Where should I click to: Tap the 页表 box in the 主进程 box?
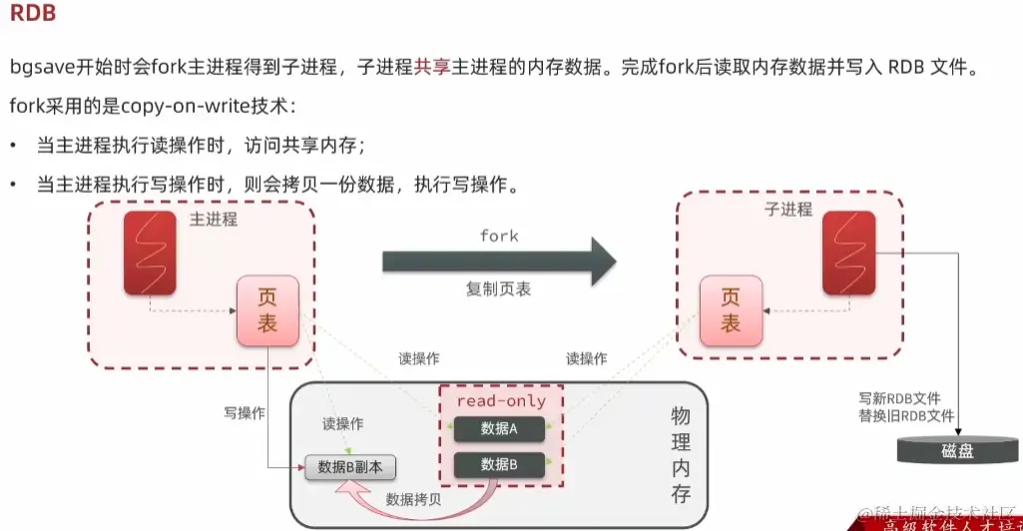[x=267, y=309]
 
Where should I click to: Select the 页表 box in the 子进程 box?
[x=731, y=309]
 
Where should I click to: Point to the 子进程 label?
[x=788, y=210]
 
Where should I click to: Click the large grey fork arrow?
[x=498, y=262]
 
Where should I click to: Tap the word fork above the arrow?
[x=499, y=236]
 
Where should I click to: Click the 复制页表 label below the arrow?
[x=499, y=289]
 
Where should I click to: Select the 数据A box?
[x=499, y=429]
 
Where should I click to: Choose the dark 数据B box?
[x=499, y=464]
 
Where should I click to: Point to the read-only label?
[x=501, y=400]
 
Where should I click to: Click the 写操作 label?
[x=245, y=412]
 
